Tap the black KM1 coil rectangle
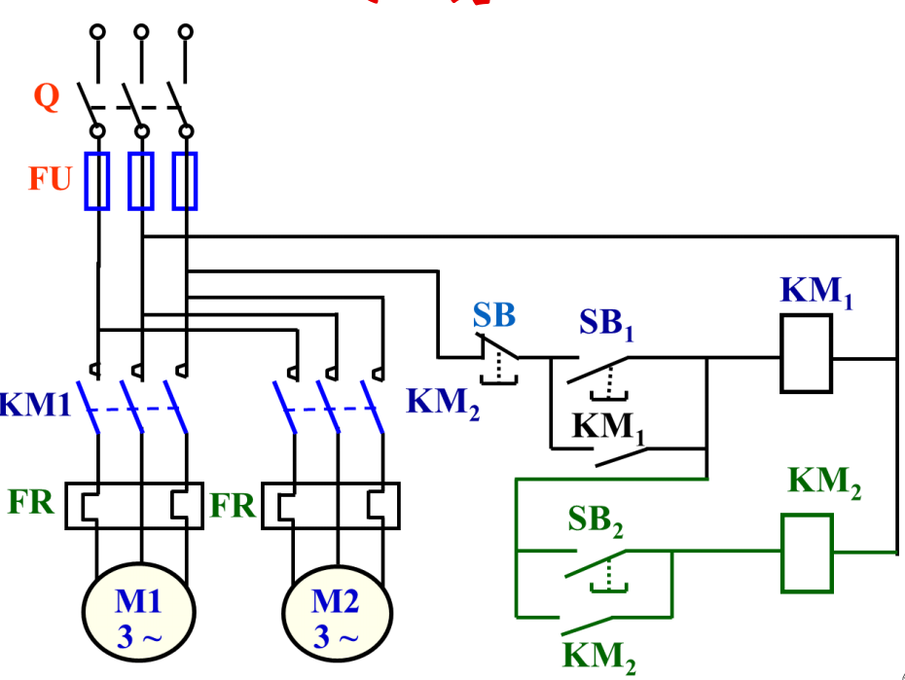[x=806, y=357]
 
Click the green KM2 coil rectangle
[x=808, y=553]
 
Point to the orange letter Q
[x=46, y=96]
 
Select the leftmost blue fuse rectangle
[x=97, y=181]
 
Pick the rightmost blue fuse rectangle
[x=185, y=181]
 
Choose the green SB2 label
[x=596, y=521]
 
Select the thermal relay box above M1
[x=134, y=506]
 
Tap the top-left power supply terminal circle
[x=97, y=32]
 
